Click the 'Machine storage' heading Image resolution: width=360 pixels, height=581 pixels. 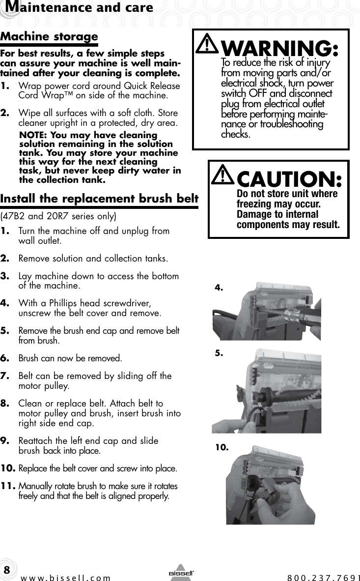(x=49, y=37)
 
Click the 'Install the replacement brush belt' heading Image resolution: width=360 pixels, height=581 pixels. (x=99, y=199)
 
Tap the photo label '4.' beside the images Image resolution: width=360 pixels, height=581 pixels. (x=219, y=289)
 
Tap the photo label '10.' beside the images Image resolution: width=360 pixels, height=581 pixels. (x=222, y=447)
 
